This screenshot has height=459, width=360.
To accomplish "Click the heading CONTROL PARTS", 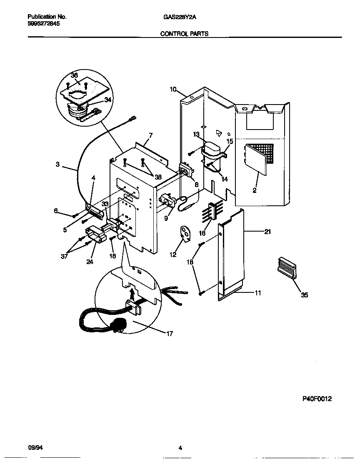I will pyautogui.click(x=184, y=34).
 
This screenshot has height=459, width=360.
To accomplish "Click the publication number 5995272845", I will pyautogui.click(x=43, y=24).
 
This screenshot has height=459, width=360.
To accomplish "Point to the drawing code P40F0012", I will pyautogui.click(x=317, y=399).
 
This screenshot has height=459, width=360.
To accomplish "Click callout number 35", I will pyautogui.click(x=305, y=295).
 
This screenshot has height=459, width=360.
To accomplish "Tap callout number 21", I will pyautogui.click(x=267, y=232).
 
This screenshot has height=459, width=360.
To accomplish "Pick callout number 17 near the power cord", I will pyautogui.click(x=169, y=333).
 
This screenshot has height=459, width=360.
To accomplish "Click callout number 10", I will pyautogui.click(x=173, y=89).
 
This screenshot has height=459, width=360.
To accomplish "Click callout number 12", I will pyautogui.click(x=173, y=254).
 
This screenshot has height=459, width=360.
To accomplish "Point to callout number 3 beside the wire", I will pyautogui.click(x=58, y=164).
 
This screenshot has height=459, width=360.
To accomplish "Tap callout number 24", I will pyautogui.click(x=89, y=262).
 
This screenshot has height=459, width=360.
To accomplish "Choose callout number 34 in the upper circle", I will pyautogui.click(x=107, y=100).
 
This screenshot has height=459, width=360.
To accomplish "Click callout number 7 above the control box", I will pyautogui.click(x=150, y=135).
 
